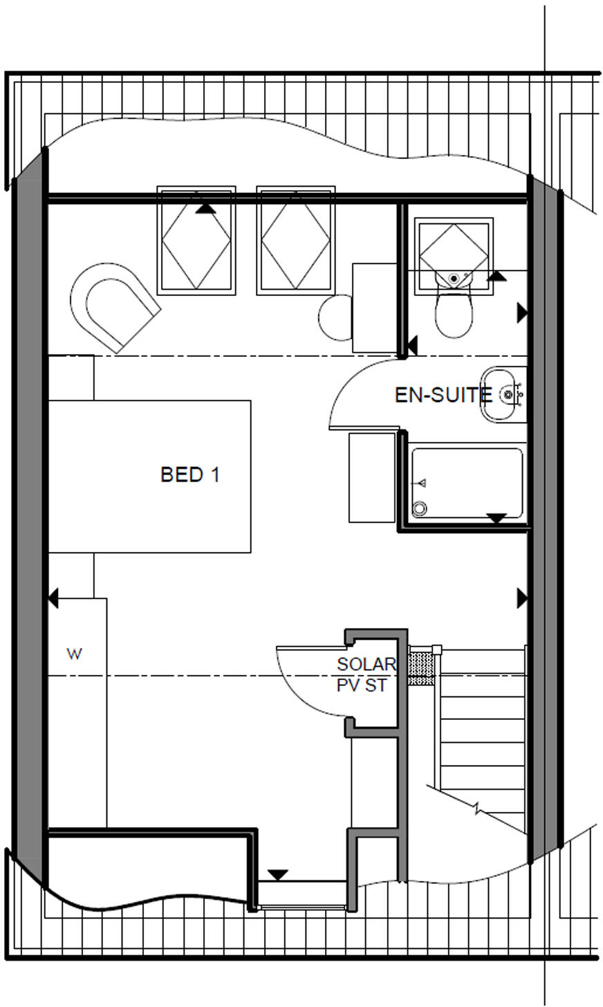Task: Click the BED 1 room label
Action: [x=189, y=475]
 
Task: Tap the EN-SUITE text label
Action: [x=443, y=396]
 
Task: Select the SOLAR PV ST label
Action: [x=366, y=675]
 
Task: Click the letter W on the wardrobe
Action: [x=73, y=654]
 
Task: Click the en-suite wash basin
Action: [x=503, y=395]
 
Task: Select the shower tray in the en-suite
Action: [x=467, y=483]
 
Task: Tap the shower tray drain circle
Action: [x=419, y=508]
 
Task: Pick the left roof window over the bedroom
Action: [x=196, y=240]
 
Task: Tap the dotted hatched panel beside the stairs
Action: [x=419, y=665]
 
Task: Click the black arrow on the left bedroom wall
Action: [x=53, y=598]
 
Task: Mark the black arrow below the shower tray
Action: [x=497, y=518]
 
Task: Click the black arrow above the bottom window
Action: [x=277, y=875]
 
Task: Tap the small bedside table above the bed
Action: [x=71, y=377]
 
